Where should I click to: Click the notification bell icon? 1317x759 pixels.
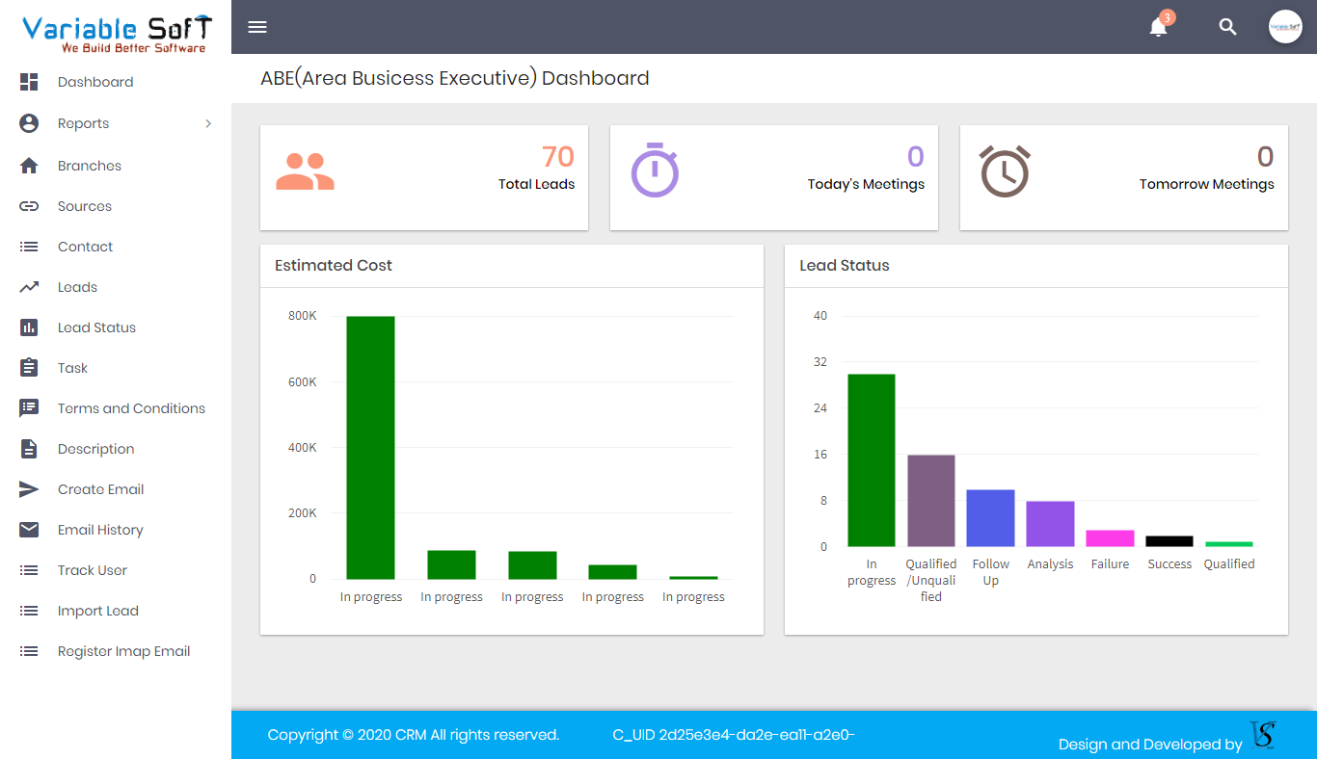point(1158,28)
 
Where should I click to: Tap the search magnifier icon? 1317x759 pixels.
point(1227,27)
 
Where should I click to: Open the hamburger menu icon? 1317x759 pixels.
point(257,27)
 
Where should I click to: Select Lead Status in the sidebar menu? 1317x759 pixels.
point(96,327)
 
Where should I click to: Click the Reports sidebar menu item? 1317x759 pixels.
point(84,123)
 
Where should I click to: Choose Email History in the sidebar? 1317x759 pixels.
point(100,530)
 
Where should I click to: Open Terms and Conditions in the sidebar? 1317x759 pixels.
point(131,408)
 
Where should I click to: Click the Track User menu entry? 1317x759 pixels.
point(93,570)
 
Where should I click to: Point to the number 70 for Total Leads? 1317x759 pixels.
point(557,156)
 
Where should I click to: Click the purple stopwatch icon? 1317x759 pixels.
point(655,170)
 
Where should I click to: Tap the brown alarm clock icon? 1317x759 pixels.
point(1005,171)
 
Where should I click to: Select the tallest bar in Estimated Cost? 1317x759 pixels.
point(370,447)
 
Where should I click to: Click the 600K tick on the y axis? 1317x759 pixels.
point(303,382)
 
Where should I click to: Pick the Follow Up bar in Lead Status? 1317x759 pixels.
point(990,518)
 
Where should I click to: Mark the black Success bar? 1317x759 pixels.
point(1169,541)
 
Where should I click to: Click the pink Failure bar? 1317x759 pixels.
point(1110,538)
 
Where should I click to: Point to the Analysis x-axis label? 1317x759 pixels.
point(1050,564)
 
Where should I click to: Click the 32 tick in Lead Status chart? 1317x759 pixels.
point(820,362)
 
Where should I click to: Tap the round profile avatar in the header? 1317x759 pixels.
point(1285,27)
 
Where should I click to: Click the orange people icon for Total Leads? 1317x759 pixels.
point(305,171)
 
